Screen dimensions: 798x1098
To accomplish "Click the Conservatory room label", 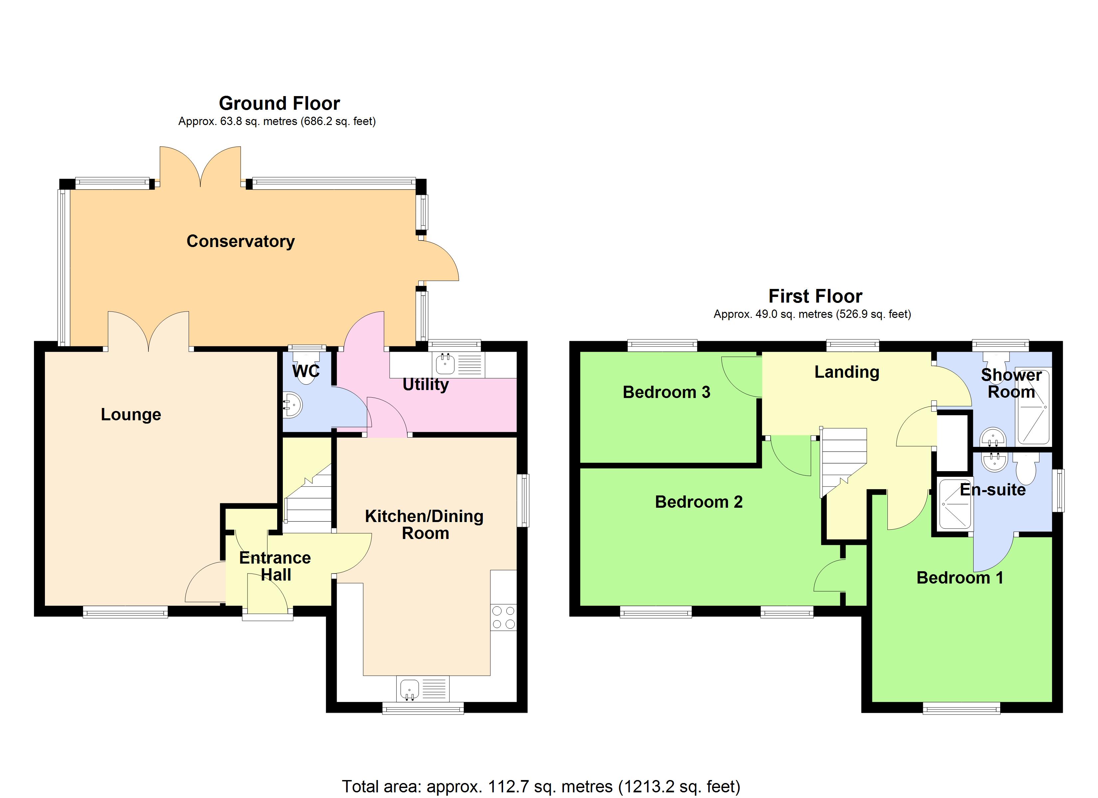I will (241, 241).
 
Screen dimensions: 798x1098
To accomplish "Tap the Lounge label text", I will (131, 415).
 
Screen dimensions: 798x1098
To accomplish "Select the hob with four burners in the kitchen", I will (503, 617).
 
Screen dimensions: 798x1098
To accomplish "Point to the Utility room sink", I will (445, 364).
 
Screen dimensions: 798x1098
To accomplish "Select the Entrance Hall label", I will (275, 566).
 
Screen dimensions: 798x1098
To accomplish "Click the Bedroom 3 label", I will (666, 392).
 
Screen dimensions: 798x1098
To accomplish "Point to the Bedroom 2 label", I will (699, 502).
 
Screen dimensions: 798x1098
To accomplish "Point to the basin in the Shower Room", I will (993, 438).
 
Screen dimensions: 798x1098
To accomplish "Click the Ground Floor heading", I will (279, 103).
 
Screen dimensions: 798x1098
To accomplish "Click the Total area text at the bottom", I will (541, 786).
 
